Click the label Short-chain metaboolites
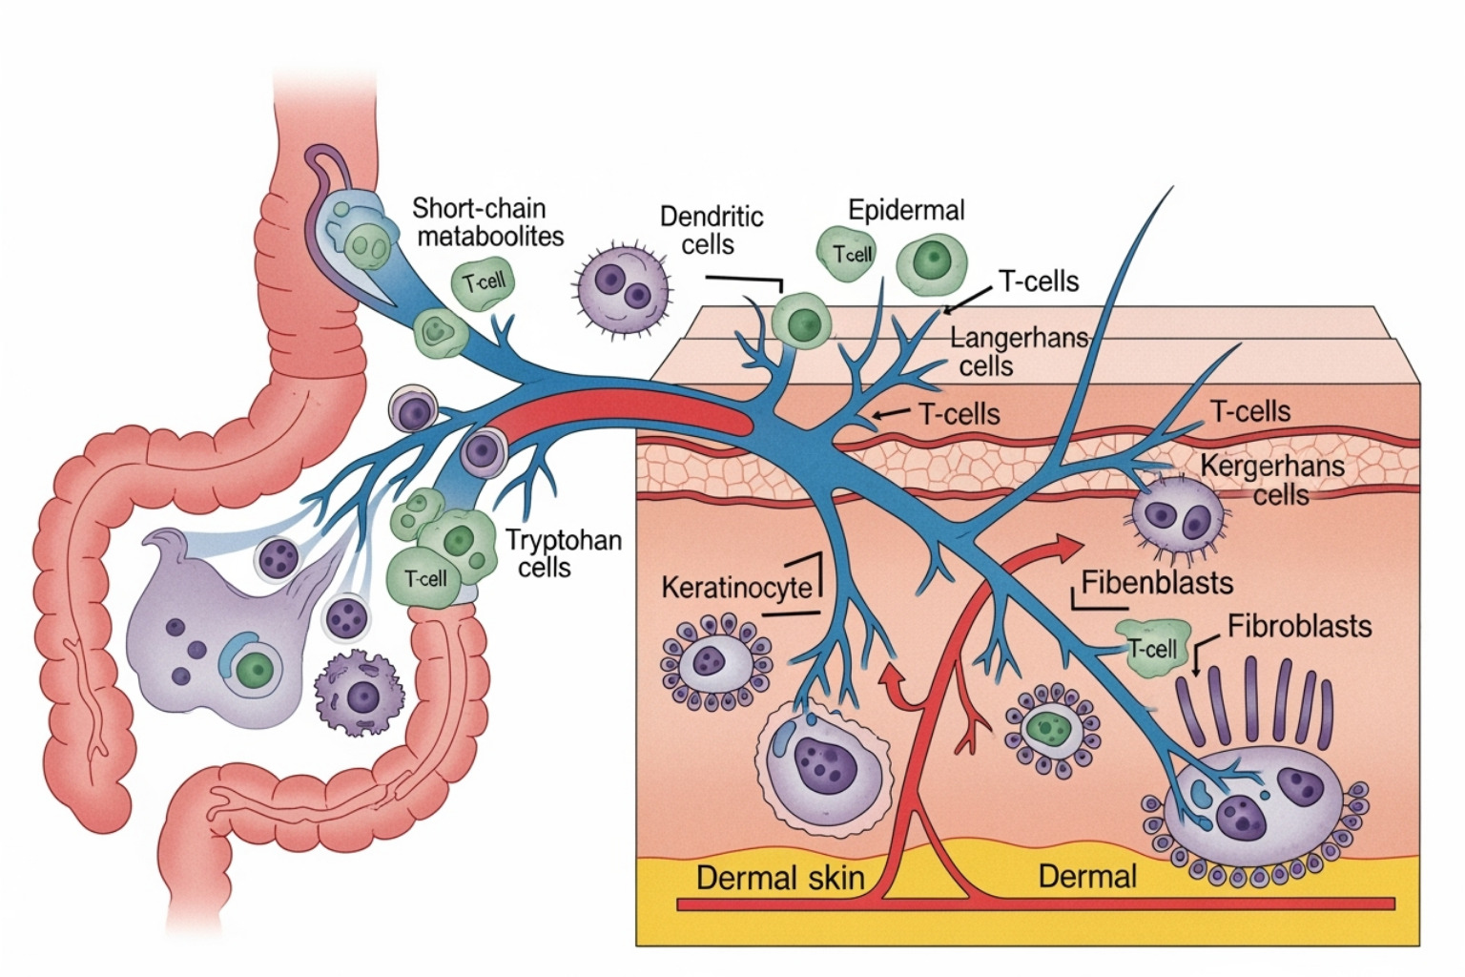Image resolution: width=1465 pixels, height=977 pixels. click(x=487, y=221)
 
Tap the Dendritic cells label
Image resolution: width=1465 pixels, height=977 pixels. click(x=712, y=230)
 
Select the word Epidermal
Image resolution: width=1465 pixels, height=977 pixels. click(x=906, y=210)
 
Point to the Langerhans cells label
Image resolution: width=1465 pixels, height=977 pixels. click(x=1019, y=351)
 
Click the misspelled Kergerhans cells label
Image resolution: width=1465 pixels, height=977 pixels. click(x=1272, y=480)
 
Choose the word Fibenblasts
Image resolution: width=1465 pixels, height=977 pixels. click(x=1157, y=582)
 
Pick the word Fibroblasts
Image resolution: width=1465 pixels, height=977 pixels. click(x=1299, y=626)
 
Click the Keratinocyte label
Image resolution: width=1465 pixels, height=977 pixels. click(x=736, y=586)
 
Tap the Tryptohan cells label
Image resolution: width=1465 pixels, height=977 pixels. click(x=563, y=553)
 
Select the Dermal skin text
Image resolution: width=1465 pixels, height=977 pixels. click(x=780, y=877)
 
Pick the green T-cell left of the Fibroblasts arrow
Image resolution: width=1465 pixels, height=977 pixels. click(x=1154, y=648)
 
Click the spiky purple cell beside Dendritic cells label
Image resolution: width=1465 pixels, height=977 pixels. click(x=622, y=284)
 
